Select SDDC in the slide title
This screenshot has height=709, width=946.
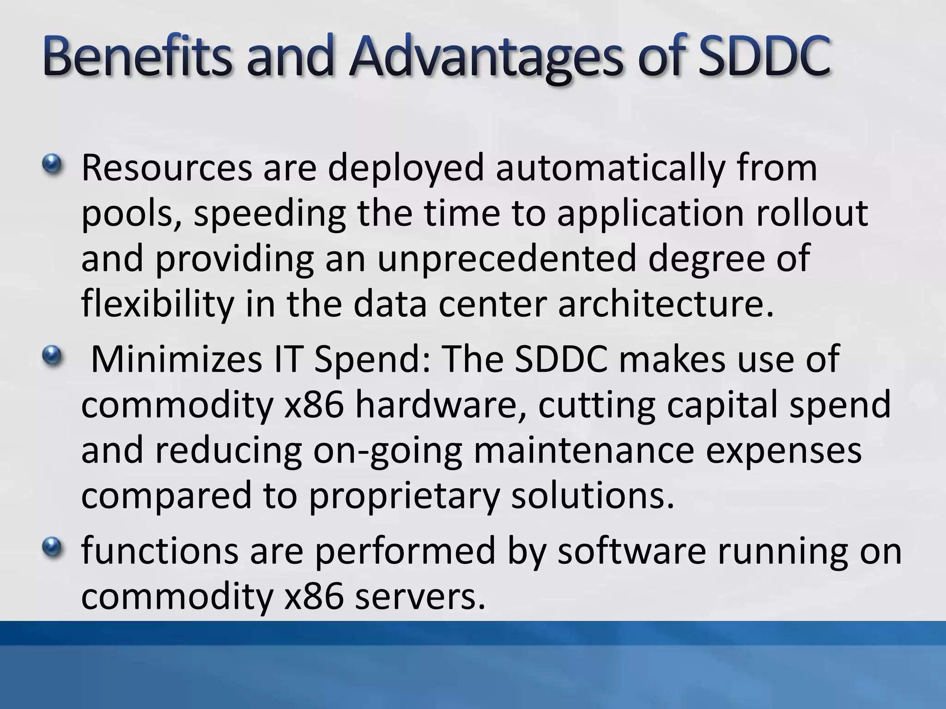point(764,59)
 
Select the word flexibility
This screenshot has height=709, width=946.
point(158,305)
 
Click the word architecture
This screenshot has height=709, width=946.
point(665,305)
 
